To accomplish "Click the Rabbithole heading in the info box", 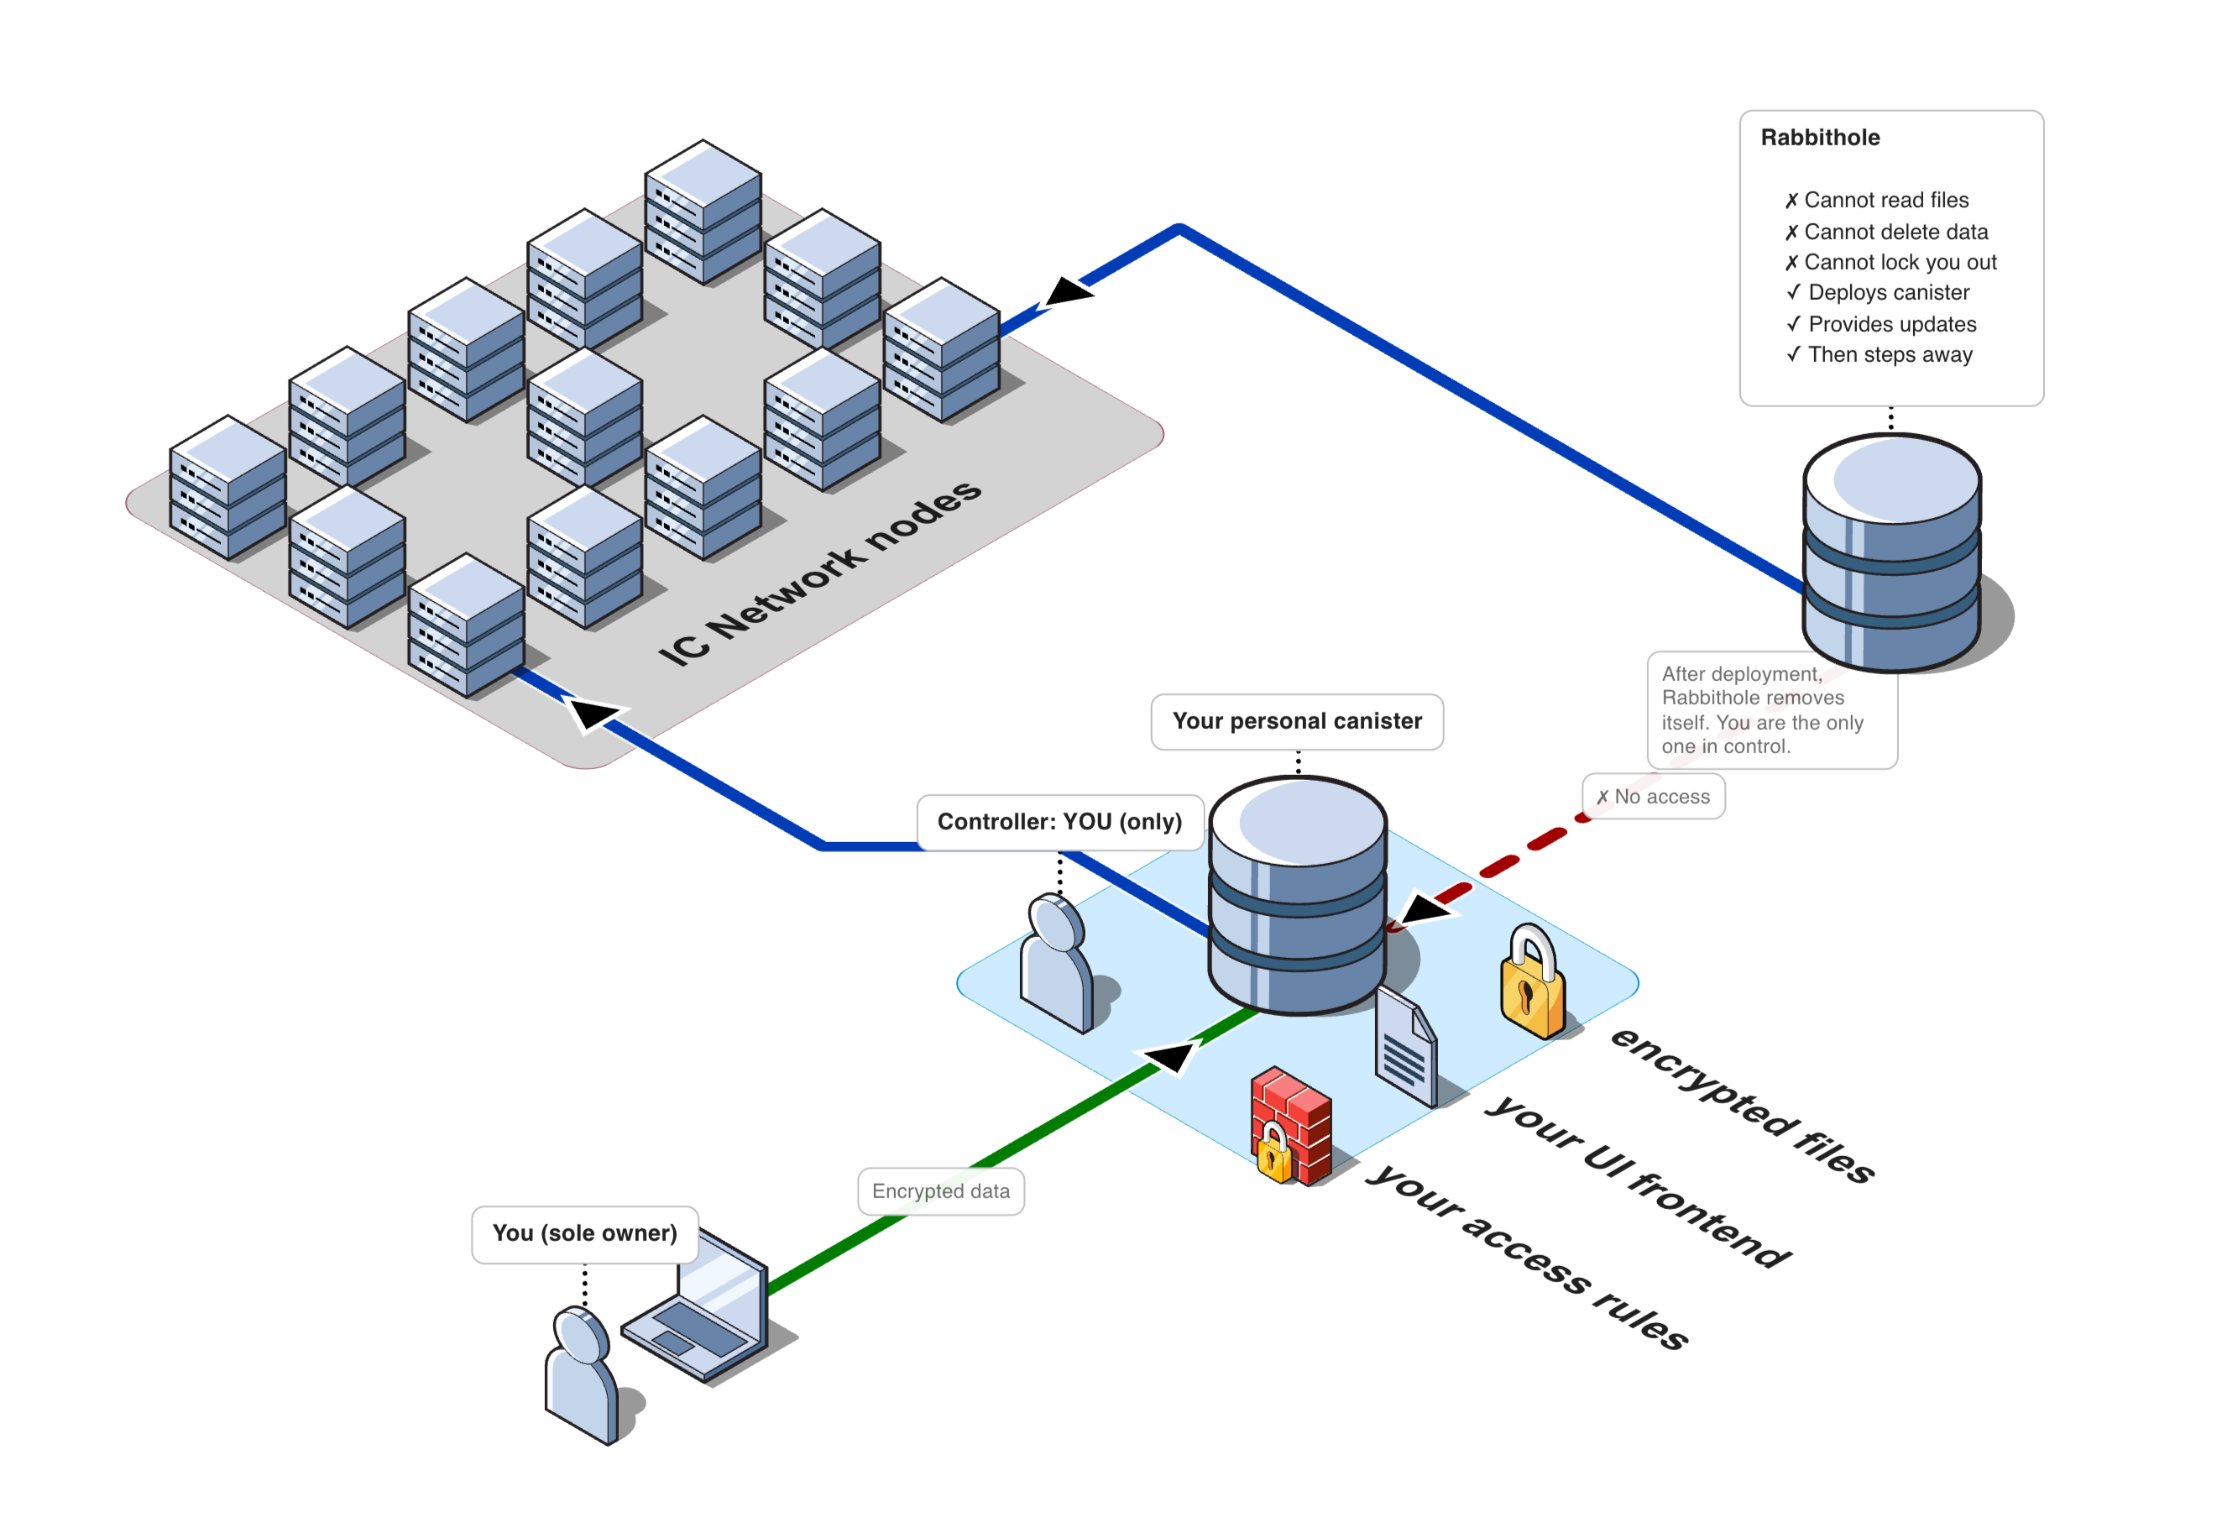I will [1819, 138].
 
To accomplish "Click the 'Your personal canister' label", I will [1296, 722].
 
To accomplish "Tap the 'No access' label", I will [1654, 797].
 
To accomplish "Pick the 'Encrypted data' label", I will [940, 1192].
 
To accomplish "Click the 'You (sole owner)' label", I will [584, 1234].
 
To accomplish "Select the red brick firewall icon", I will [1290, 1126].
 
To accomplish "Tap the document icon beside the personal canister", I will [1405, 1049].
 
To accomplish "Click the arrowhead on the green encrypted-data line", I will [1170, 1057].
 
